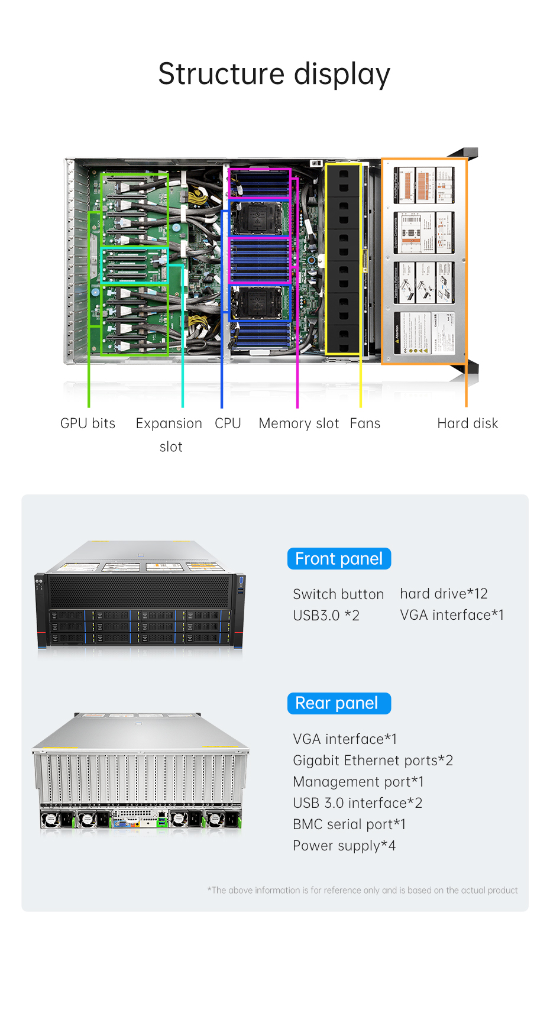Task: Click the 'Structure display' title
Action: (x=274, y=75)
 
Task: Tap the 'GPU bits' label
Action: (x=88, y=423)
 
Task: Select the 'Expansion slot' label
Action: (x=169, y=435)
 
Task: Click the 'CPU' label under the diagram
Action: (x=228, y=423)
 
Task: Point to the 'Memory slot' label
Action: (x=299, y=423)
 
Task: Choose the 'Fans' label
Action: (x=365, y=423)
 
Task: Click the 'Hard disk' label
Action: (x=467, y=423)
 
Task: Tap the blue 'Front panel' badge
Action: (x=339, y=559)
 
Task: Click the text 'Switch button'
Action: (x=338, y=594)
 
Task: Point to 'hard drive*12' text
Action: (x=444, y=594)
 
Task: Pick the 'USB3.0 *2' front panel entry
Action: (x=326, y=616)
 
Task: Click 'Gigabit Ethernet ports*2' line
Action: (x=373, y=761)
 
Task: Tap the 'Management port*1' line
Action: (x=358, y=782)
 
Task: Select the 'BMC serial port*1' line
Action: (x=349, y=824)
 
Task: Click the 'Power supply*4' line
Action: (x=344, y=846)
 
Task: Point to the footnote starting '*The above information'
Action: (x=362, y=890)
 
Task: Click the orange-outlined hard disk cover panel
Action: (x=424, y=261)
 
